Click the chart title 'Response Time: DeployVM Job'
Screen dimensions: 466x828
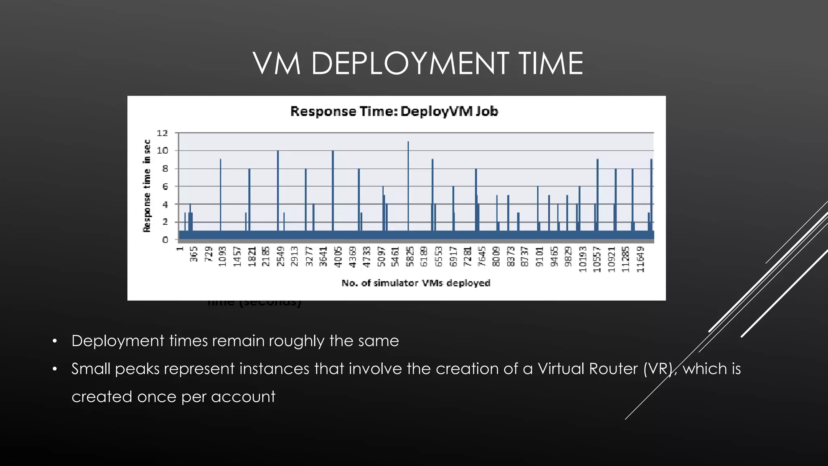tap(394, 111)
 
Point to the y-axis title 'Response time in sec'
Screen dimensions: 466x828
tap(147, 186)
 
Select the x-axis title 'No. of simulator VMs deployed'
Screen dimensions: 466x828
tap(416, 283)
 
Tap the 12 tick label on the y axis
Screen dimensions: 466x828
tap(162, 133)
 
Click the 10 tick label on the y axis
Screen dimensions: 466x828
tap(162, 150)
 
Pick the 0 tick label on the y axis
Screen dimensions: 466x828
tap(165, 240)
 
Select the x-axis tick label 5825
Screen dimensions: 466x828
tap(410, 256)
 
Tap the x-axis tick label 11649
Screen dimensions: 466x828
tap(640, 259)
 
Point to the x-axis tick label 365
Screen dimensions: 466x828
tap(194, 254)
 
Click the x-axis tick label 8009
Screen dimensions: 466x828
tap(496, 256)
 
